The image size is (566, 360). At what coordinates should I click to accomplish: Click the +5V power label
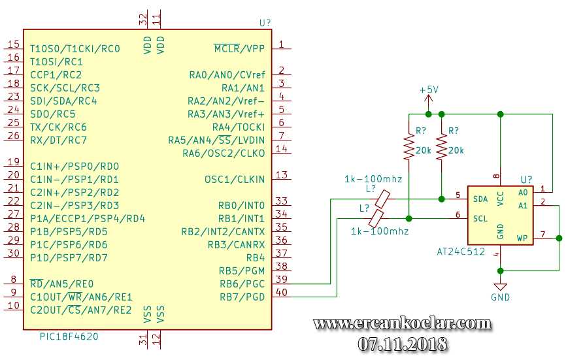tap(429, 90)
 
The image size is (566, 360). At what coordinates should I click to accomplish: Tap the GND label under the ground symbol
tap(500, 297)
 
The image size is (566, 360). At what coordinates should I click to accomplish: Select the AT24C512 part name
tap(461, 251)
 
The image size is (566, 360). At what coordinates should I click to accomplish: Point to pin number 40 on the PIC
tap(281, 292)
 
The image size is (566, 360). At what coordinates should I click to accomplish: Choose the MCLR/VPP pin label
tap(239, 48)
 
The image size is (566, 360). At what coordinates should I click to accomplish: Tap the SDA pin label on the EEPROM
tap(480, 199)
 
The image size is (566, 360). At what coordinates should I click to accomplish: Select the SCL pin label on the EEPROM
tap(480, 218)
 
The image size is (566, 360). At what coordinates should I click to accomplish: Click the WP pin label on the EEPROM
tap(522, 238)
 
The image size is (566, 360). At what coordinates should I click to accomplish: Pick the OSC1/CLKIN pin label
tap(235, 179)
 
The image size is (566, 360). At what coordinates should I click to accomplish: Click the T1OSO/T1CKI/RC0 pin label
tap(75, 48)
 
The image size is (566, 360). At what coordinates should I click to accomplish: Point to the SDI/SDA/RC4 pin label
tap(63, 101)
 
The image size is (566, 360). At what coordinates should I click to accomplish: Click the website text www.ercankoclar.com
tap(402, 323)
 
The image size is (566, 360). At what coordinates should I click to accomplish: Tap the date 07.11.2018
tap(402, 343)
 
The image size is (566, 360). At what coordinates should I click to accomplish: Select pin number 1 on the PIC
tap(281, 44)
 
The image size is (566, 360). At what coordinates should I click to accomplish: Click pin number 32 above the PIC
tap(144, 20)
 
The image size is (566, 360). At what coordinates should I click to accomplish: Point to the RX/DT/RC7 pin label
tap(58, 140)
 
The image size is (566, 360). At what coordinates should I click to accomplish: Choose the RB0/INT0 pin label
tap(241, 205)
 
